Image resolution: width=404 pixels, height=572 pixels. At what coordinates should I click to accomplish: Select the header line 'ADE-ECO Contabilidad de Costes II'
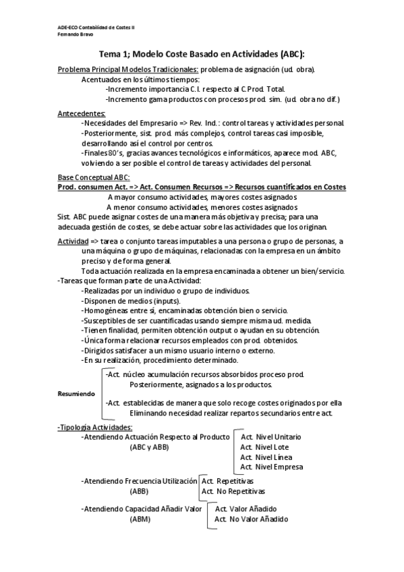pyautogui.click(x=92, y=26)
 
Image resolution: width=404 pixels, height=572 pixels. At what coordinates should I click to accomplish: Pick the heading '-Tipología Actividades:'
pyautogui.click(x=95, y=427)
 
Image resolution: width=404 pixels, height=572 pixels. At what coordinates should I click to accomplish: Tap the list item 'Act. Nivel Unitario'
pyautogui.click(x=271, y=436)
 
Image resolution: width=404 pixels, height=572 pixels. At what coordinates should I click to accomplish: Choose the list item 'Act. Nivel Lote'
pyautogui.click(x=265, y=447)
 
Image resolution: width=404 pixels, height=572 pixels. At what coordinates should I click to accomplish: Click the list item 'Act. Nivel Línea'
pyautogui.click(x=266, y=457)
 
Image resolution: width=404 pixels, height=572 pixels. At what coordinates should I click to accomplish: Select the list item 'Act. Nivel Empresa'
pyautogui.click(x=271, y=467)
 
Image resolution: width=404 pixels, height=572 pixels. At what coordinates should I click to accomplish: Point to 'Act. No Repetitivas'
pyautogui.click(x=233, y=492)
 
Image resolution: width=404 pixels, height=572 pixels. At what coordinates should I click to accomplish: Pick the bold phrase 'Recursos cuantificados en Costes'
pyautogui.click(x=291, y=186)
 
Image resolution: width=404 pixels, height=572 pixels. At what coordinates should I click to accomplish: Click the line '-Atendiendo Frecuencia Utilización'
pyautogui.click(x=138, y=482)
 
